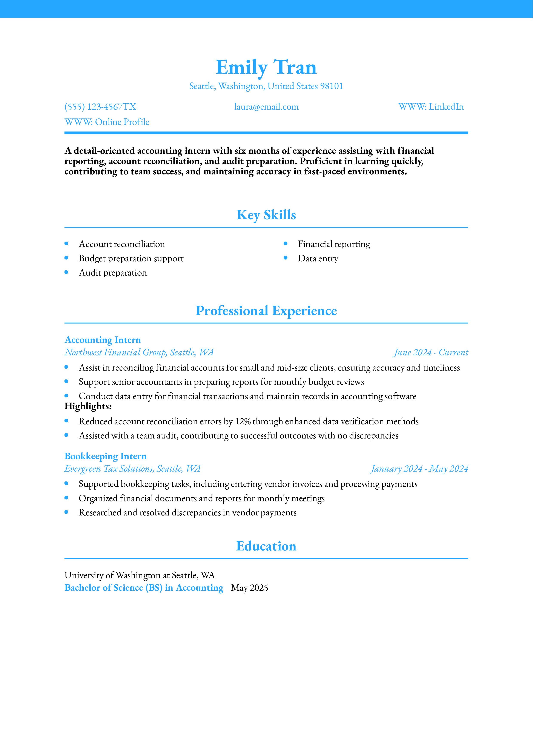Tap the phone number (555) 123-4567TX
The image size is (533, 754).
click(100, 107)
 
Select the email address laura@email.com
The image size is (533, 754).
click(266, 107)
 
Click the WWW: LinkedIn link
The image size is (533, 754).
click(431, 107)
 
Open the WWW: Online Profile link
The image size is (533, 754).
click(107, 122)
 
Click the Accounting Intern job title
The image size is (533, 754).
click(103, 340)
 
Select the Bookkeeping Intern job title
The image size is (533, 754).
click(105, 456)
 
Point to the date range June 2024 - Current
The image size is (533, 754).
click(430, 352)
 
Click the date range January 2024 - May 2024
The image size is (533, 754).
click(419, 469)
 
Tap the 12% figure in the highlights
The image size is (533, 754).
click(243, 421)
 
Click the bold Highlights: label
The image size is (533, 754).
click(88, 406)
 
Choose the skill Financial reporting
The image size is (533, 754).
click(334, 244)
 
